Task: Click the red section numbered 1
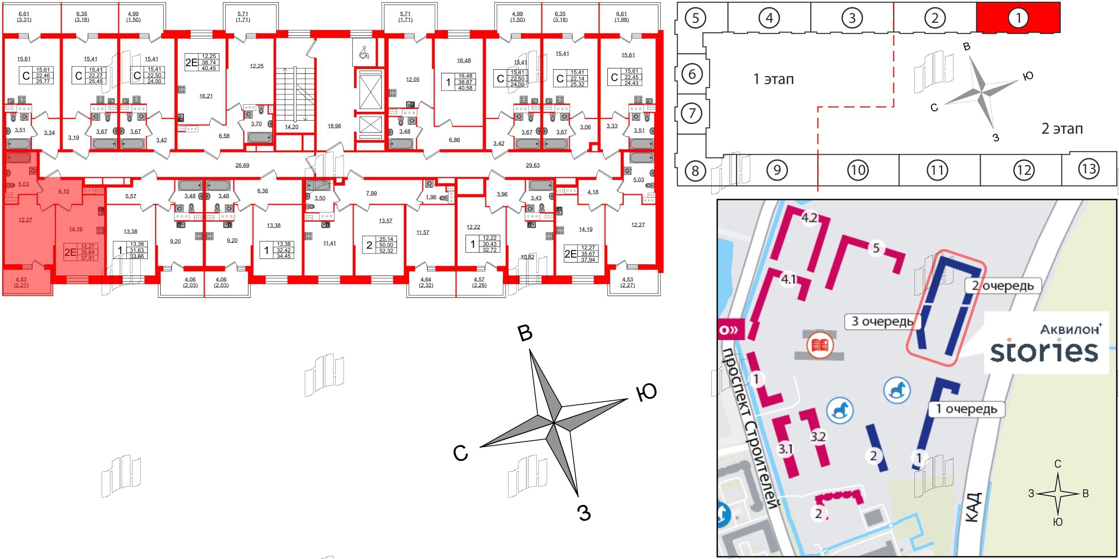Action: [x=1018, y=17]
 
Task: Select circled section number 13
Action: [x=1089, y=169]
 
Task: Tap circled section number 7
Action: [x=692, y=113]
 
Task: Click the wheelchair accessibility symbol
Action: [x=364, y=53]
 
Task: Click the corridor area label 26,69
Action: [x=242, y=165]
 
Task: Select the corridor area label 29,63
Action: [x=532, y=165]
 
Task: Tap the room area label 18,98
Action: [x=334, y=126]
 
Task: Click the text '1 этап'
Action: [x=773, y=79]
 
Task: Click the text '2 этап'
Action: [x=1062, y=129]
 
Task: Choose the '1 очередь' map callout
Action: [x=966, y=409]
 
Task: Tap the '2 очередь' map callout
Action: [x=1003, y=286]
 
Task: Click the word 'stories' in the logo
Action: [x=1044, y=351]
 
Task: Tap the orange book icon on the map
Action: [x=820, y=345]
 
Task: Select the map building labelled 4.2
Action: [x=809, y=218]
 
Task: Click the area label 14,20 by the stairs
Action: [x=291, y=127]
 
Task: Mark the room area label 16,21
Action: [x=206, y=96]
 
